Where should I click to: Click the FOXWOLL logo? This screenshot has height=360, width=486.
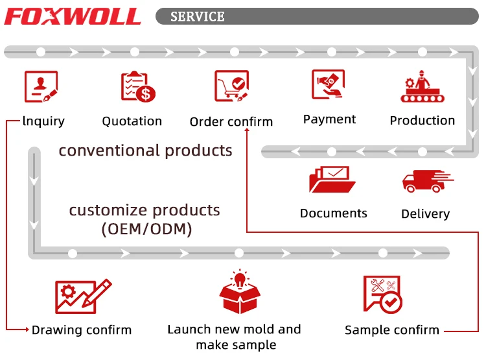[x=73, y=16]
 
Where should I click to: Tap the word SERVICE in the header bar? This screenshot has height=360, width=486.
[x=198, y=16]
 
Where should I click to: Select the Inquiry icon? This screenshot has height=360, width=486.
[x=41, y=87]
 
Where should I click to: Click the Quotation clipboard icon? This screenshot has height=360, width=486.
[x=137, y=87]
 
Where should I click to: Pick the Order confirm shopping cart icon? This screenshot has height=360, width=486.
[x=231, y=87]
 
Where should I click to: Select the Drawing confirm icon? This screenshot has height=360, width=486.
[x=83, y=296]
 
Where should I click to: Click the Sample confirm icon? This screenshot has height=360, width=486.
[x=383, y=294]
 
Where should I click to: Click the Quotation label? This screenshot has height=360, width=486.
[x=132, y=121]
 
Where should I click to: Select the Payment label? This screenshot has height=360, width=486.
[x=329, y=119]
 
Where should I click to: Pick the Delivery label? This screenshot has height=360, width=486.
[x=425, y=214]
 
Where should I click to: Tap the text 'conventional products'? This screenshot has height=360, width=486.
[x=145, y=150]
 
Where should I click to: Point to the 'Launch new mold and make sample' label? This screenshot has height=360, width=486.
[x=234, y=337]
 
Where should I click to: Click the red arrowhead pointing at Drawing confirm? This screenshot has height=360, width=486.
[x=27, y=330]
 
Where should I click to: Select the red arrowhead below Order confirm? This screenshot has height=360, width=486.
[x=247, y=131]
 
